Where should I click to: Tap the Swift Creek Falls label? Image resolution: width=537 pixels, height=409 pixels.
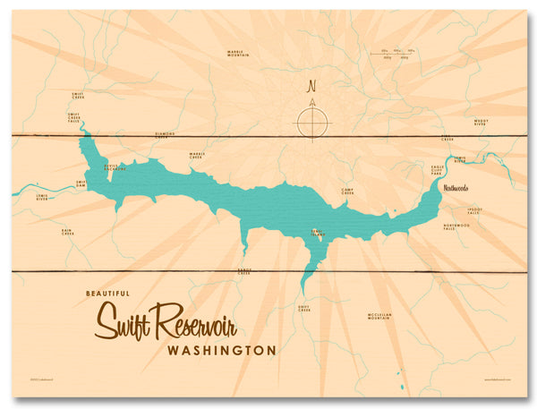click(x=73, y=118)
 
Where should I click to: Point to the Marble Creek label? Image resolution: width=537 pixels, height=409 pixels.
click(x=197, y=155)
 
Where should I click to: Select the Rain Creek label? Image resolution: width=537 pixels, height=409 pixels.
click(x=67, y=232)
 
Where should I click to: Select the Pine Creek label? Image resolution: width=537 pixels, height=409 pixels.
click(x=447, y=139)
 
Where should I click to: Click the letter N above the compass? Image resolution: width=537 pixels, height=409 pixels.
click(x=312, y=87)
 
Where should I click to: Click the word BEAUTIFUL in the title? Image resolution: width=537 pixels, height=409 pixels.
click(x=105, y=293)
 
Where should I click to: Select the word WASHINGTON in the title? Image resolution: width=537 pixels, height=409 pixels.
click(x=221, y=351)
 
